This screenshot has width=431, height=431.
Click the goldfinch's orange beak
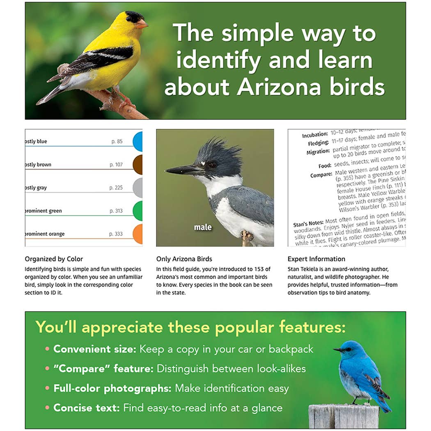coord(142,24)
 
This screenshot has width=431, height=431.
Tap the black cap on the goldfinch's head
coord(133,16)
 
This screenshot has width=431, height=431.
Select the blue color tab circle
coord(138,142)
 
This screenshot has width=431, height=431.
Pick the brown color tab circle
coord(138,165)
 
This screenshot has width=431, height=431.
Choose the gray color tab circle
coord(138,188)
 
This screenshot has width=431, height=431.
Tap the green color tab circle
coord(138,211)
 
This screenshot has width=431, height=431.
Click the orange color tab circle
coord(138,234)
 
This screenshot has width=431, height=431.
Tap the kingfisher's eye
coord(212,164)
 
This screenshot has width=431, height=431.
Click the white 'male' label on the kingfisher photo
coord(203,227)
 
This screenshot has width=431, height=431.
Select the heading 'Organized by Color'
coord(54,259)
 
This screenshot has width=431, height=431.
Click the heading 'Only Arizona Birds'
coord(184,259)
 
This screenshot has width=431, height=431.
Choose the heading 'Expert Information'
coord(316,259)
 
